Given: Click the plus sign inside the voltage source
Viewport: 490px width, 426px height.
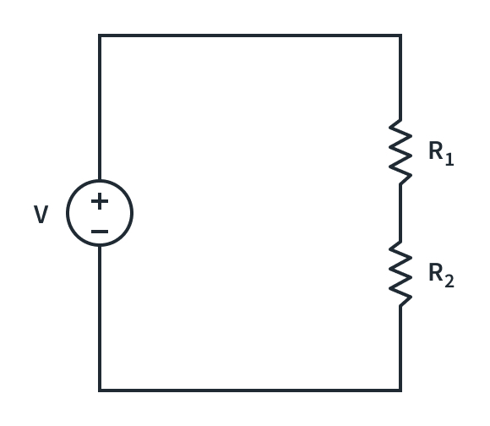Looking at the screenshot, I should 100,201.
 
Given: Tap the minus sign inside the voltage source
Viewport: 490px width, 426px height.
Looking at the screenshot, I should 100,231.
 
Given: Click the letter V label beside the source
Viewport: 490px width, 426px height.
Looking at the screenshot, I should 41,216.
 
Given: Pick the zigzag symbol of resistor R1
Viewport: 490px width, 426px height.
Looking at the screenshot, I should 400,152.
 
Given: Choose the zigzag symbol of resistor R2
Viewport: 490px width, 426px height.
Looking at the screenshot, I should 400,273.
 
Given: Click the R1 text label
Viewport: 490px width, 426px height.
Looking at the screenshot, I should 440,153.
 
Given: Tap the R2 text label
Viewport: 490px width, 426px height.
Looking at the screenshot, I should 440,274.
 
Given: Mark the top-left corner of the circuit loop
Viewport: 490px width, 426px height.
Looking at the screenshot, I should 100,35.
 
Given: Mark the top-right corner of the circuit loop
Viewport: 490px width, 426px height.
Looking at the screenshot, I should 400,35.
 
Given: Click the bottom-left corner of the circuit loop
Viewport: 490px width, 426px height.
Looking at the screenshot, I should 100,390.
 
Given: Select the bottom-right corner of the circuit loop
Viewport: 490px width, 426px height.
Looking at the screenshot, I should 400,390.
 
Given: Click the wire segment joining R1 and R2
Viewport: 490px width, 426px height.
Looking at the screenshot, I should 400,212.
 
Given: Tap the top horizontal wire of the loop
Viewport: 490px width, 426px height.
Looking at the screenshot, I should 250,35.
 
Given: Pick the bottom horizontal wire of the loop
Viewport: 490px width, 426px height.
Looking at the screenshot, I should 250,390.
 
